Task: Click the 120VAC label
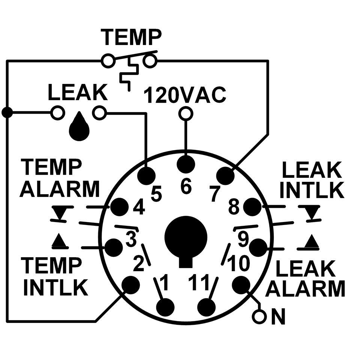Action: point(185,96)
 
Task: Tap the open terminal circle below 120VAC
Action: point(185,113)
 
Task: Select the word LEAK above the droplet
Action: point(78,93)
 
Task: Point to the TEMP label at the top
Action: point(132,37)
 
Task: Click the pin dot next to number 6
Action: point(186,163)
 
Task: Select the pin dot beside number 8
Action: point(252,206)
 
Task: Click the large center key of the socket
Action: point(186,237)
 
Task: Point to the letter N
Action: point(278,317)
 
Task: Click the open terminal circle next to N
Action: point(259,317)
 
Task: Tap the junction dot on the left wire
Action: point(7,112)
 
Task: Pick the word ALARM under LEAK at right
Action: point(307,288)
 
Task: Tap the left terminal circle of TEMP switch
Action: point(108,60)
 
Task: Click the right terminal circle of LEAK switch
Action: point(99,112)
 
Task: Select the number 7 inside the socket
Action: point(213,194)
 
